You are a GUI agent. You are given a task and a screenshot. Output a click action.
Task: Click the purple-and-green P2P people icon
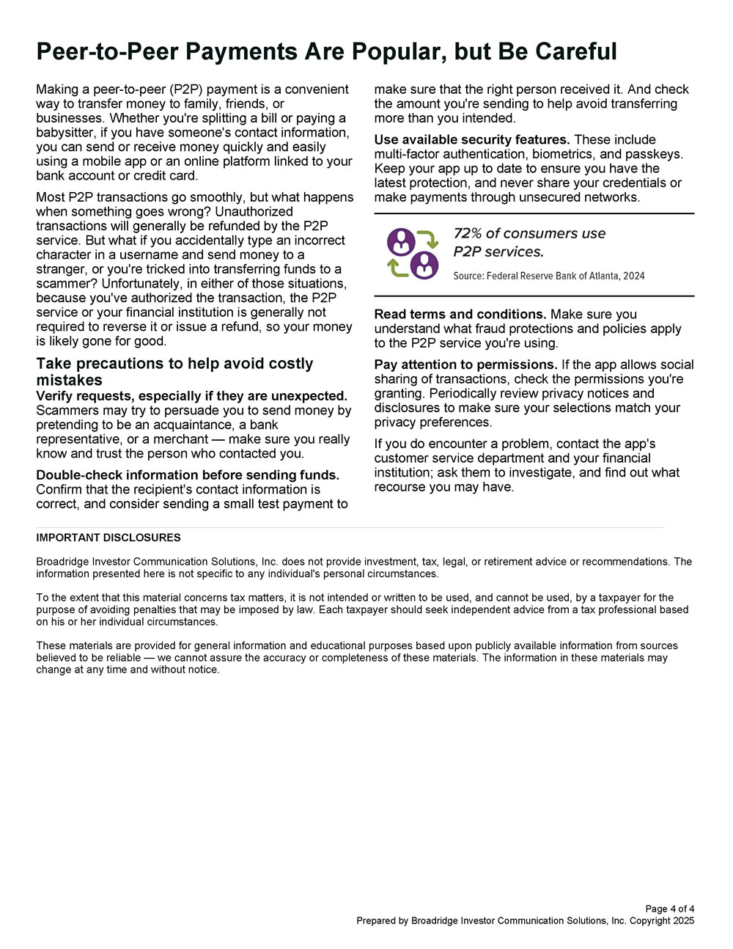tap(413, 254)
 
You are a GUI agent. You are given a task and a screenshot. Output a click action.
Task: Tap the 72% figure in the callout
tap(467, 233)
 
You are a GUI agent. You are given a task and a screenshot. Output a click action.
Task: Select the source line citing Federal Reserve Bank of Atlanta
tap(549, 276)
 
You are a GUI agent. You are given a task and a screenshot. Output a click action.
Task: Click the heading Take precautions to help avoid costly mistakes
tap(174, 372)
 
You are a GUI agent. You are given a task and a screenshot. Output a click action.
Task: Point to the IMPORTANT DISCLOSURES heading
tap(108, 538)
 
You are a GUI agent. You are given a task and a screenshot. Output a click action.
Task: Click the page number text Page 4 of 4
tap(669, 909)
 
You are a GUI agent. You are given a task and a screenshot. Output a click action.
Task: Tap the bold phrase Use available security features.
tap(472, 139)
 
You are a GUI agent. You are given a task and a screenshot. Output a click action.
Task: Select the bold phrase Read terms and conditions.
tap(460, 314)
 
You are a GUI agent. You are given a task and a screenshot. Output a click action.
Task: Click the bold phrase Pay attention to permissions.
tap(466, 364)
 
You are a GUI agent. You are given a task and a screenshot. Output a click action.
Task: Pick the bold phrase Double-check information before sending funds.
tap(188, 475)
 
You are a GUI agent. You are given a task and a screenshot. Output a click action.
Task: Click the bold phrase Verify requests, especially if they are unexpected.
tap(191, 396)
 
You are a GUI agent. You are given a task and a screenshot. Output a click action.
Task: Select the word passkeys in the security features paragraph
tap(654, 154)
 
